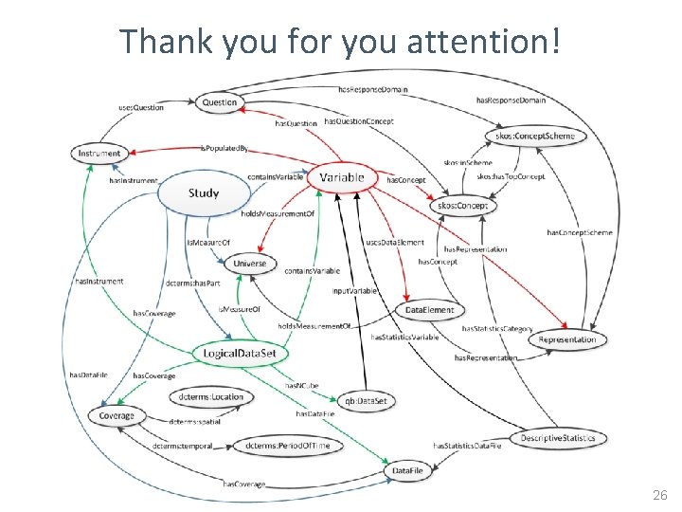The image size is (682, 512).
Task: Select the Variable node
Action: pyautogui.click(x=342, y=177)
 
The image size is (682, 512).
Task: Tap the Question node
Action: pyautogui.click(x=220, y=101)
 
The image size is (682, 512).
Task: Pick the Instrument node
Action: pyautogui.click(x=99, y=153)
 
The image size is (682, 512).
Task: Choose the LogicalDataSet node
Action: pyautogui.click(x=240, y=354)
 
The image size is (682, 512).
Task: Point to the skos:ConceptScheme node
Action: pyautogui.click(x=535, y=136)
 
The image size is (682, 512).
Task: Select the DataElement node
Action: pyautogui.click(x=430, y=310)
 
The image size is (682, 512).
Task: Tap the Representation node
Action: pyautogui.click(x=567, y=339)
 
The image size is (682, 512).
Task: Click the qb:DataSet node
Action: pyautogui.click(x=365, y=401)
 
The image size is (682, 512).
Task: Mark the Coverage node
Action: pyautogui.click(x=117, y=415)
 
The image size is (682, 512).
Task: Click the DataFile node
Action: pyautogui.click(x=415, y=471)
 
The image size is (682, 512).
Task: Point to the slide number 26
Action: pyautogui.click(x=659, y=496)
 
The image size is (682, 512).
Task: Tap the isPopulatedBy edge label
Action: pyautogui.click(x=224, y=149)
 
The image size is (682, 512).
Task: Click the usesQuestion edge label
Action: pyautogui.click(x=141, y=108)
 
